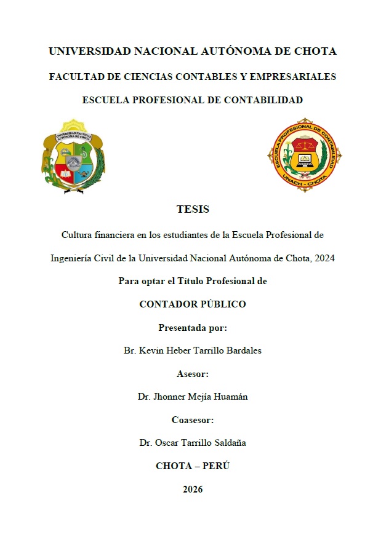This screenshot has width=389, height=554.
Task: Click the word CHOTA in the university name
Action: (315, 52)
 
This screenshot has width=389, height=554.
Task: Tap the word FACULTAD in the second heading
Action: (75, 77)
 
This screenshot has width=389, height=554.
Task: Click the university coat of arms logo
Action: (74, 156)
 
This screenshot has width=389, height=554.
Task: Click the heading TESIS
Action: (193, 209)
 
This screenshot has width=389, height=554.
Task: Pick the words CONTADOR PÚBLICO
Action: (193, 304)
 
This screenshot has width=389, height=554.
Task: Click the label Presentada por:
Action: (193, 328)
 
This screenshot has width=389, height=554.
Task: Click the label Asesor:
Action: (193, 374)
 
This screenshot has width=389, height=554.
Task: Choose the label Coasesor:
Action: (193, 420)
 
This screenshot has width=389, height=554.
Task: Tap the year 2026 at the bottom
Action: (193, 489)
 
